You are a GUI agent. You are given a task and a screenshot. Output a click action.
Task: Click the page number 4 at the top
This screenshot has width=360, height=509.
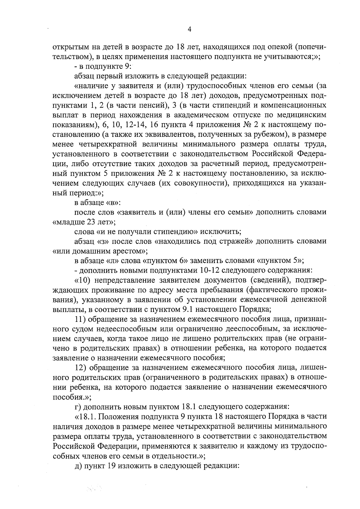click(189, 29)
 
